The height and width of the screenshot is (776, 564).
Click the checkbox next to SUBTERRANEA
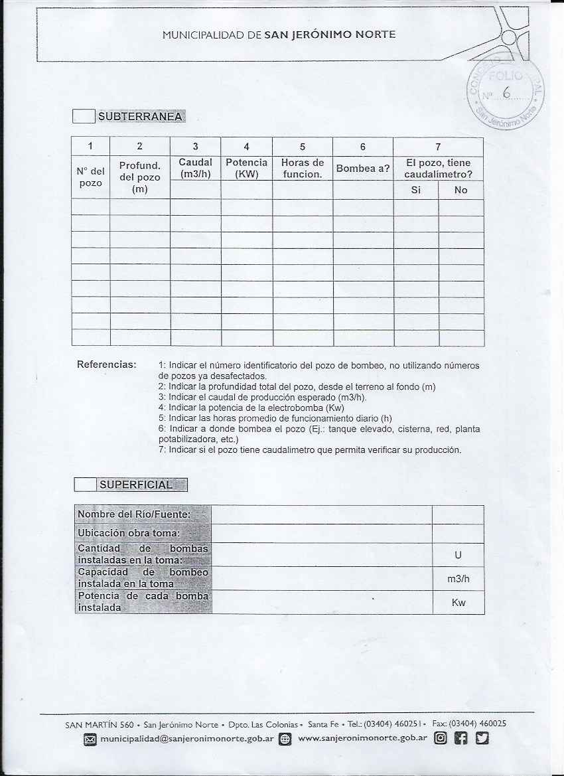click(x=84, y=117)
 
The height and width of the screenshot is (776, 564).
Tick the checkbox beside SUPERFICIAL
click(x=85, y=484)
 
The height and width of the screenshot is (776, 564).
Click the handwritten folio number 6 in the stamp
click(x=506, y=93)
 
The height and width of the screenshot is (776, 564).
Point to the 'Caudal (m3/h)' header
click(x=195, y=169)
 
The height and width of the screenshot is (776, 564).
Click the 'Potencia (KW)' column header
click(x=246, y=169)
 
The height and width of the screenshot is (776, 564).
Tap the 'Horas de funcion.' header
click(x=302, y=169)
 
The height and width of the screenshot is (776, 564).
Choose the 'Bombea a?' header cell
click(x=362, y=169)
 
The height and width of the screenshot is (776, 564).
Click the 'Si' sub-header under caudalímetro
click(x=416, y=190)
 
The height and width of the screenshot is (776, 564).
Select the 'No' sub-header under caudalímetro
click(x=461, y=190)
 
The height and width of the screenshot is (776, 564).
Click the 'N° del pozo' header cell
click(x=90, y=177)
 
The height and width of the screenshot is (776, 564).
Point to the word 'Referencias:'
click(x=107, y=364)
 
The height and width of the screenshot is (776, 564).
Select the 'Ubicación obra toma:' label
click(x=129, y=533)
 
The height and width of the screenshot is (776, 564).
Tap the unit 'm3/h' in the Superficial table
click(x=458, y=579)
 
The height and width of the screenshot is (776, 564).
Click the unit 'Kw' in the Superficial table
click(x=458, y=603)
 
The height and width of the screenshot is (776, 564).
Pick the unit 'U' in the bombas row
click(x=458, y=555)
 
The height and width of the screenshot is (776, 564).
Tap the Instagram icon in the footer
click(x=440, y=738)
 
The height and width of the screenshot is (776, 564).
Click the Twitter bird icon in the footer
click(x=482, y=738)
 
